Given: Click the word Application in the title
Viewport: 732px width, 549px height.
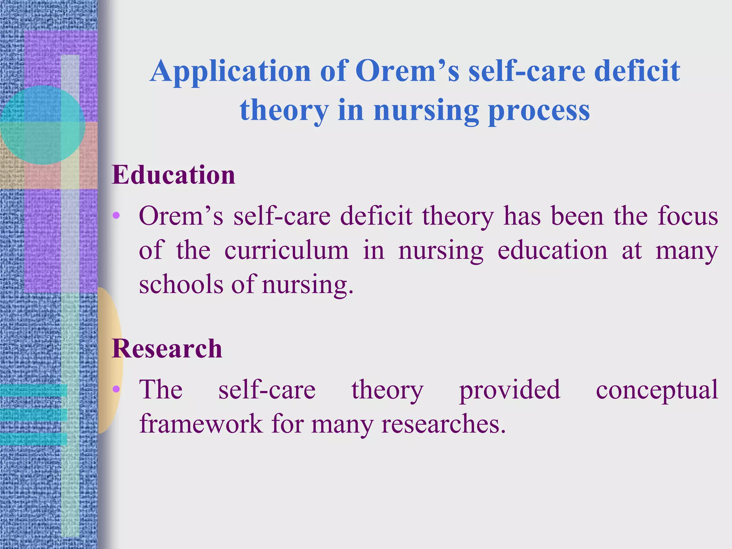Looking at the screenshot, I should pos(231,71).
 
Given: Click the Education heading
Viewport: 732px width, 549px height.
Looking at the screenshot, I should pos(173,175).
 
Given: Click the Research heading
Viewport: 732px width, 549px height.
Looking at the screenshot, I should pos(167,348).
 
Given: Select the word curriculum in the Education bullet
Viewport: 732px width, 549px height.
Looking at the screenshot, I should pos(286,250).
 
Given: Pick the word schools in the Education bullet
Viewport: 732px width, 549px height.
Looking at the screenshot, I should pos(180,285).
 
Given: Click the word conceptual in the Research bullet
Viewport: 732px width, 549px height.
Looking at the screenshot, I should pos(657,390).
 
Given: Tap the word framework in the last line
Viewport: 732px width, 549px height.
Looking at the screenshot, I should pos(201,424).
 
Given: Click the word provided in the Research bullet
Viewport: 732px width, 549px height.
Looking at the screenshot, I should pos(509,390).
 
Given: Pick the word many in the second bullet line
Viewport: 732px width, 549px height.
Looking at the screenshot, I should pos(687,250).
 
